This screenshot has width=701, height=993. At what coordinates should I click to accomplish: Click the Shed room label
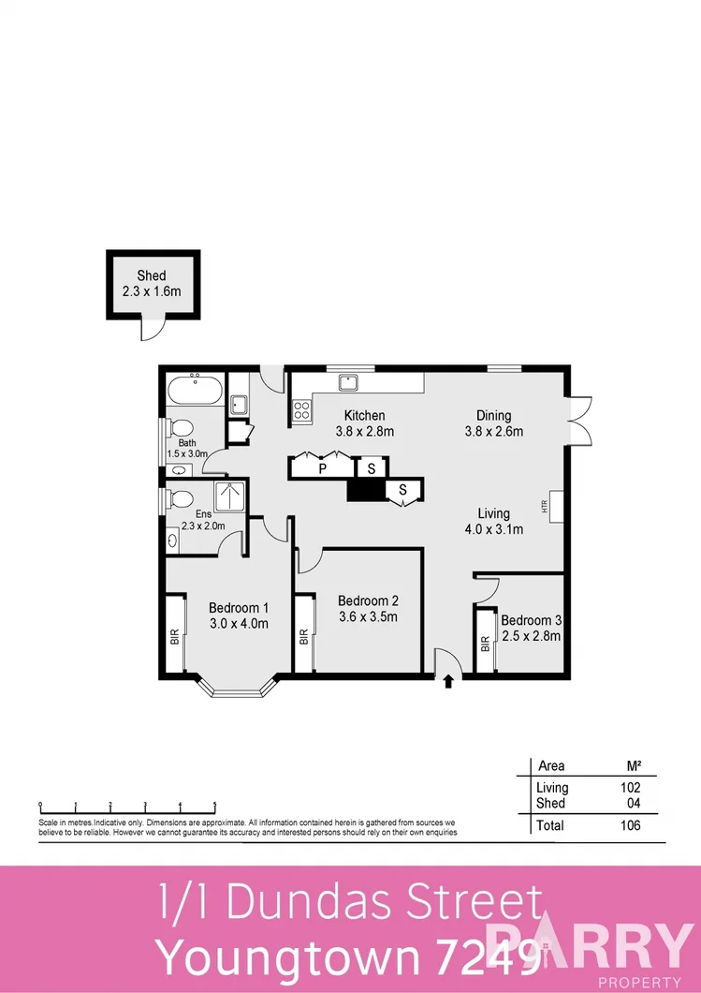pyautogui.click(x=151, y=283)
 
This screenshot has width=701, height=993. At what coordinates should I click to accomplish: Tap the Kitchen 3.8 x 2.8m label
pyautogui.click(x=364, y=423)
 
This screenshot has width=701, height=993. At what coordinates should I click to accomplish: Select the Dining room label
pyautogui.click(x=493, y=423)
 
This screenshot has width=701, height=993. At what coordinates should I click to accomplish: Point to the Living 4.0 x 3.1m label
pyautogui.click(x=493, y=521)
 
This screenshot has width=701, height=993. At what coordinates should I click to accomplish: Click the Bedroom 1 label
pyautogui.click(x=239, y=615)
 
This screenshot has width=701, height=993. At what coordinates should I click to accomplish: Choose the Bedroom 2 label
pyautogui.click(x=368, y=609)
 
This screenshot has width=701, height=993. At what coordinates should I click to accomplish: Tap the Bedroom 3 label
pyautogui.click(x=531, y=628)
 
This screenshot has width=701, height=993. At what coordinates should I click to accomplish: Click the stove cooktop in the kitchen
pyautogui.click(x=302, y=409)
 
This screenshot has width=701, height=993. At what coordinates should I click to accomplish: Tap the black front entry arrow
pyautogui.click(x=448, y=681)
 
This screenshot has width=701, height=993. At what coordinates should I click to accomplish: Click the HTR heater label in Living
pyautogui.click(x=543, y=506)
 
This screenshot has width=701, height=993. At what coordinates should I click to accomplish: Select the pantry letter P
pyautogui.click(x=322, y=467)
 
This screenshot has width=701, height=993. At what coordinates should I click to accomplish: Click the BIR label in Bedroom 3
pyautogui.click(x=485, y=644)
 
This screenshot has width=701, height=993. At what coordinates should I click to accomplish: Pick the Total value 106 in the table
pyautogui.click(x=630, y=825)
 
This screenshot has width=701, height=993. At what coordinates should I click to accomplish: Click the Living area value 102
pyautogui.click(x=630, y=788)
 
